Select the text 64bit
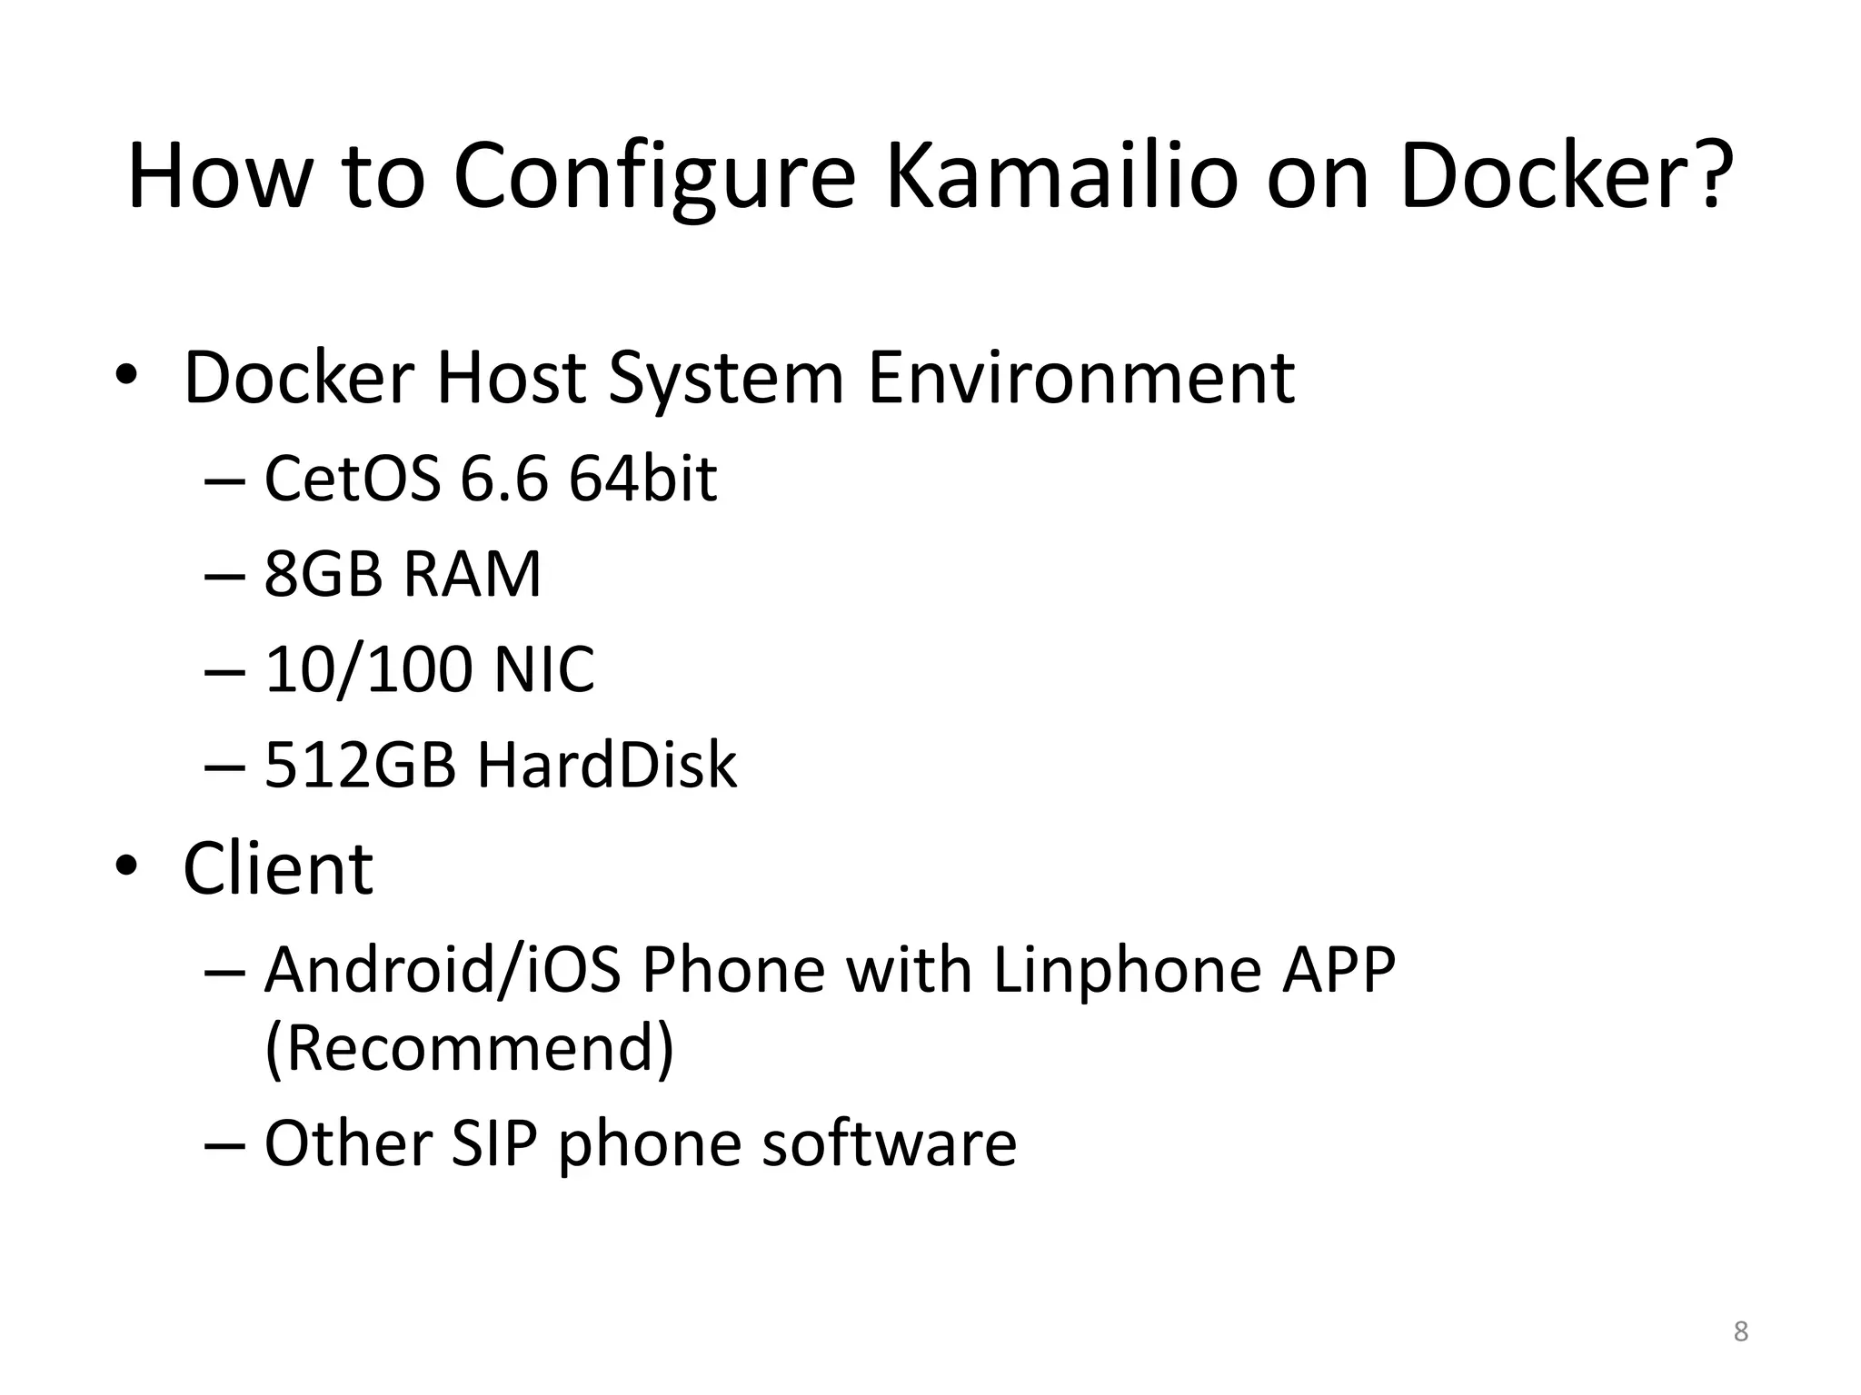pyautogui.click(x=642, y=479)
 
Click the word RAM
pyautogui.click(x=472, y=574)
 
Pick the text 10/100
pyautogui.click(x=369, y=670)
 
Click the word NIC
pyautogui.click(x=544, y=670)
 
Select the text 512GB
pyautogui.click(x=360, y=765)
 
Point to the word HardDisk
pyautogui.click(x=607, y=765)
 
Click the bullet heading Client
pyautogui.click(x=278, y=869)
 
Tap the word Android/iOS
pyautogui.click(x=443, y=970)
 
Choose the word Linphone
pyautogui.click(x=1127, y=970)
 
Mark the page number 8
pyautogui.click(x=1740, y=1331)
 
